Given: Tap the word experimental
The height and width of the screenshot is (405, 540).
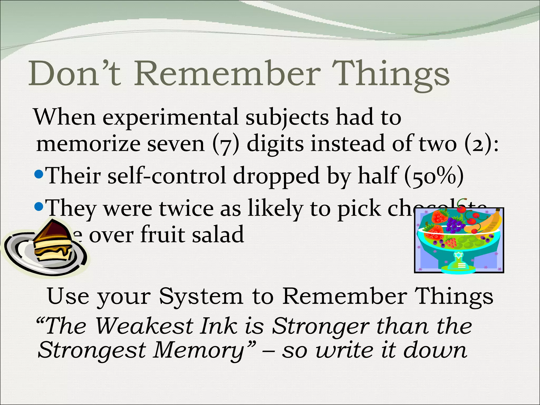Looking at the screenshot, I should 170,117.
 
